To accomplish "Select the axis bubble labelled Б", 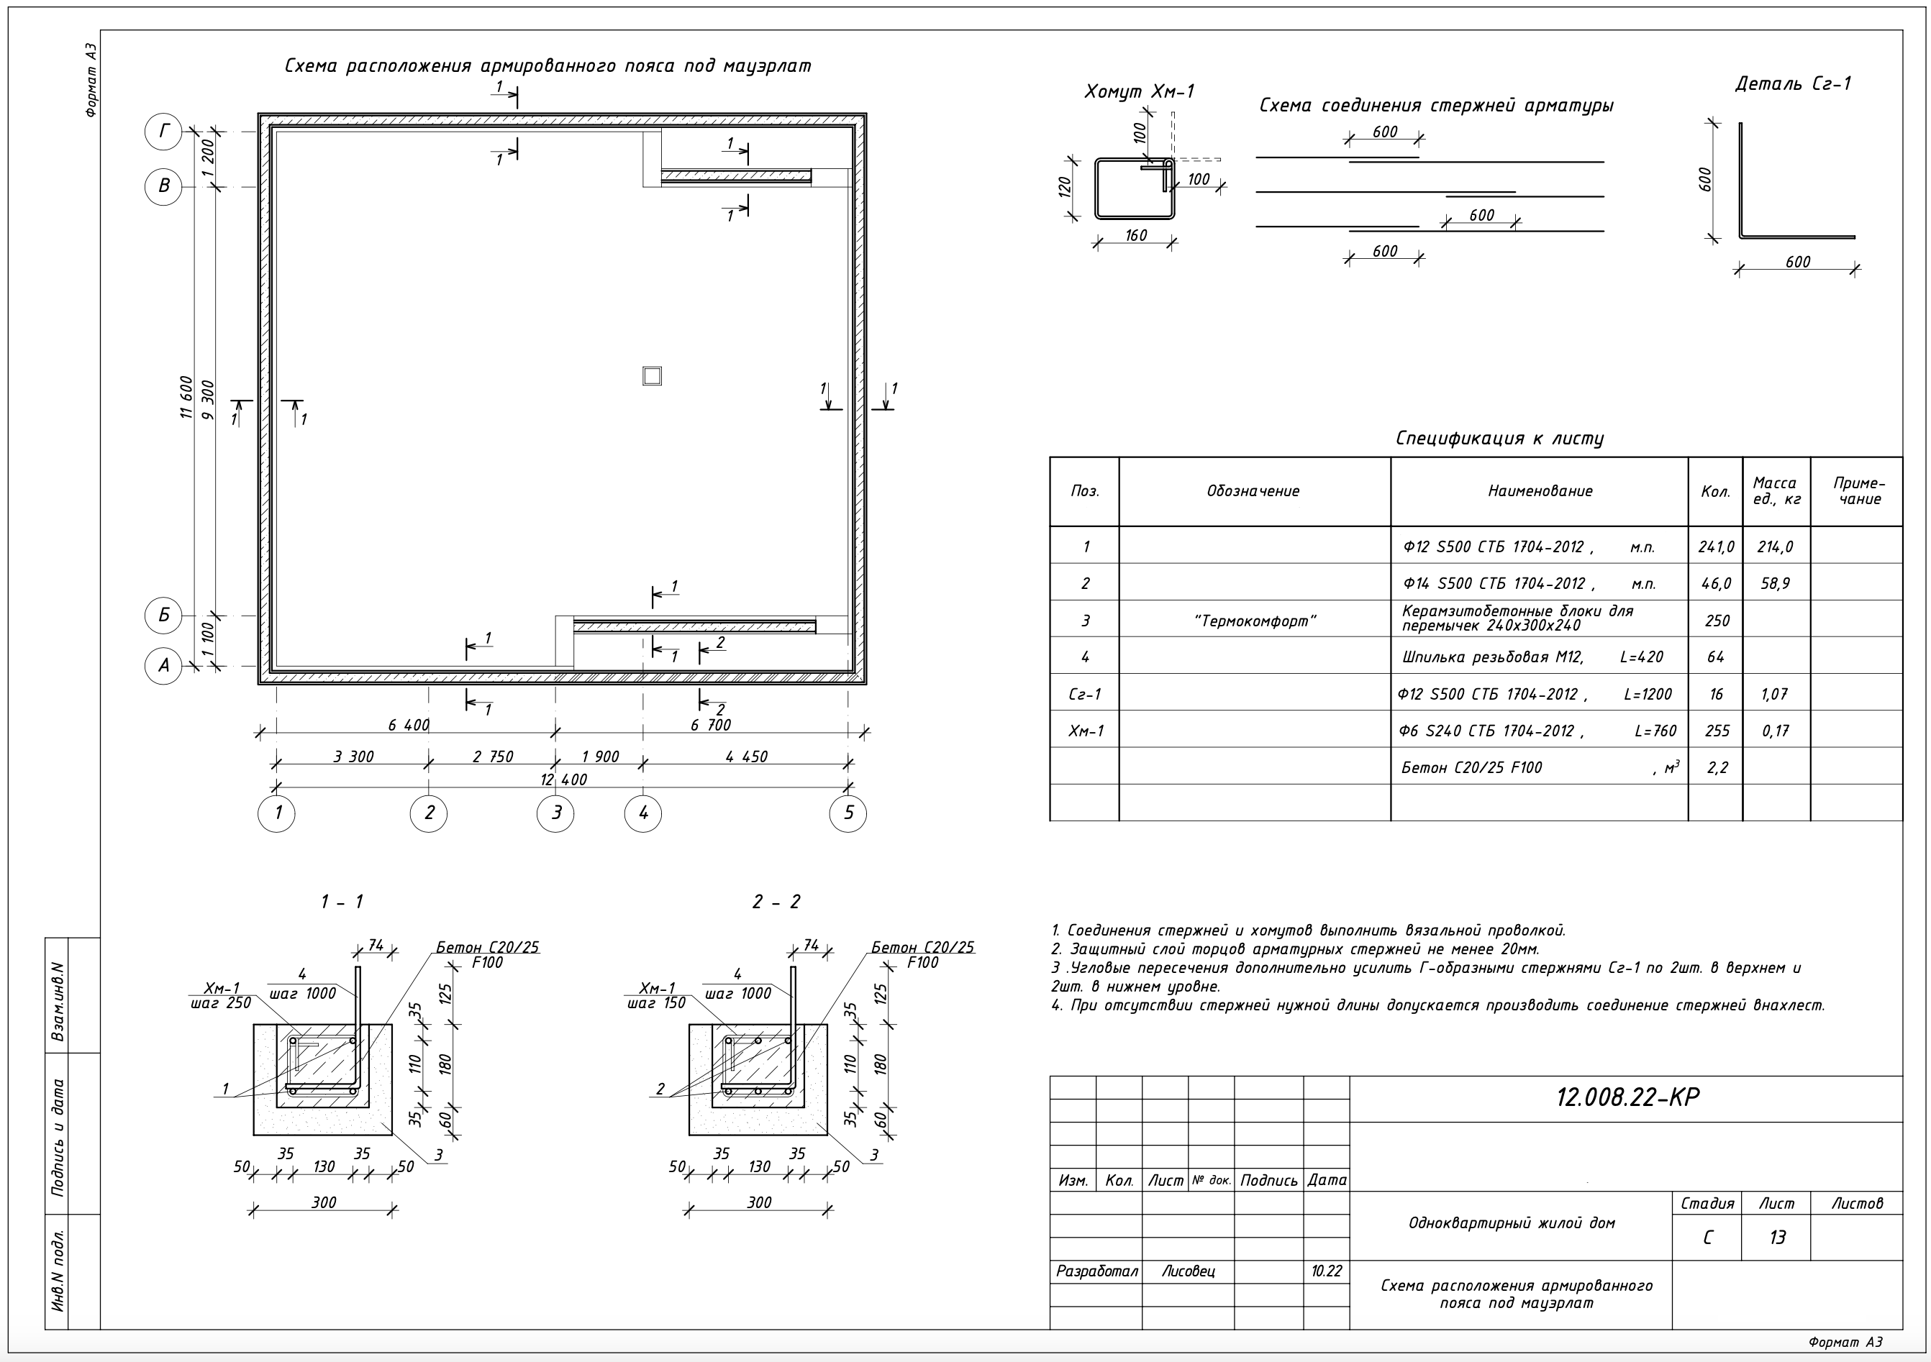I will pos(163,616).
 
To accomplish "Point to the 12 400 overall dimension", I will pos(563,780).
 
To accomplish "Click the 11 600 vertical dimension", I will pos(187,398).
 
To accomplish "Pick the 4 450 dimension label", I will pos(746,757).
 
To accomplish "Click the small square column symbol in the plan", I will pos(652,376).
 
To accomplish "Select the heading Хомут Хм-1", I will pos(1139,91).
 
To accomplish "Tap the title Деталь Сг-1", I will pos(1792,84).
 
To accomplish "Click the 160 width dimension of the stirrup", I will pos(1135,235).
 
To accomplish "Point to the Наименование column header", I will pos(1539,491).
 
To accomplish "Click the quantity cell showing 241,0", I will pos(1716,547).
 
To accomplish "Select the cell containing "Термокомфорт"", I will pos(1254,621).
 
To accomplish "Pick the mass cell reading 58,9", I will pos(1776,583).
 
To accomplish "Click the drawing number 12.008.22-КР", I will pos(1627,1097).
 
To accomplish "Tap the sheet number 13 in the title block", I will pos(1776,1238).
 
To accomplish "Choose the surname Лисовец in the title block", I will pos(1188,1271).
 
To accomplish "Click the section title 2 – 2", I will pos(776,902).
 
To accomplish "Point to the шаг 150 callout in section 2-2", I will pos(656,1003).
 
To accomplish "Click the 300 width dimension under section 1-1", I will pos(324,1202).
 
